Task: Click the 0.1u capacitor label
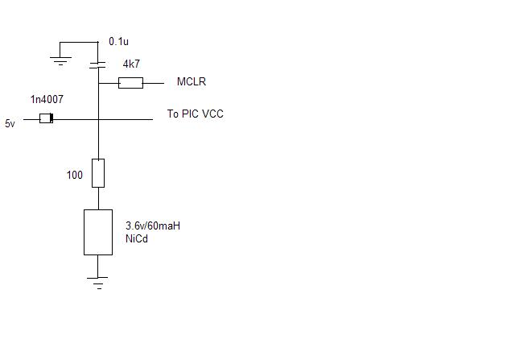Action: point(118,41)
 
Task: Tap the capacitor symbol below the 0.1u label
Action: point(97,65)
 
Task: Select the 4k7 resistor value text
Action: point(131,64)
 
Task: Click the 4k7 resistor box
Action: point(130,83)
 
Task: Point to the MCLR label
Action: point(192,81)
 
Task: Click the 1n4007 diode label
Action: point(47,99)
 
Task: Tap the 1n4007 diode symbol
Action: point(47,118)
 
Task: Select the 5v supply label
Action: point(10,123)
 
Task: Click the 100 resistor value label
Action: point(75,175)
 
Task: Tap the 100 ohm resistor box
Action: point(98,173)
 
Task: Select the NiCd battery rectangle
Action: point(98,232)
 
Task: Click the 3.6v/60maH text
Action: point(153,226)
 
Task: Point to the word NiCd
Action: point(137,238)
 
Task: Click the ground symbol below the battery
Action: point(97,283)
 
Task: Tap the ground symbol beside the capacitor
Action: point(60,61)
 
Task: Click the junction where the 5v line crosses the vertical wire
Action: point(98,120)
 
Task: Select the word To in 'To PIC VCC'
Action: point(173,114)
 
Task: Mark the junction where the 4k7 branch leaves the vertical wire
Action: point(98,83)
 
